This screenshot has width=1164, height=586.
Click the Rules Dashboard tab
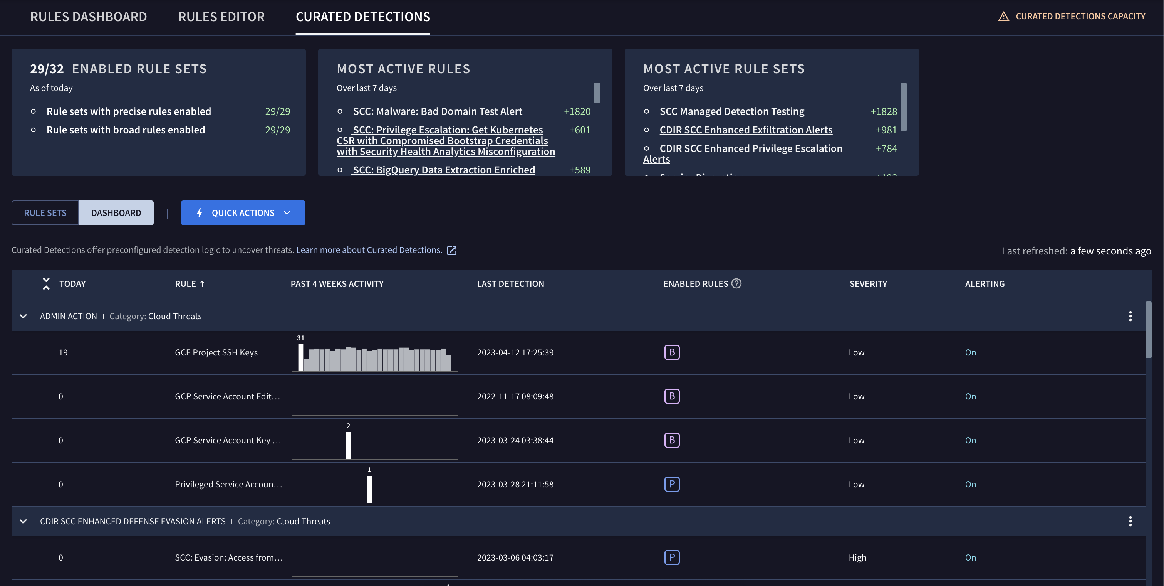89,17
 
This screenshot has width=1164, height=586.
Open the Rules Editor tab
221,17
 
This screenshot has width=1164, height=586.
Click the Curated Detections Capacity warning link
1080,16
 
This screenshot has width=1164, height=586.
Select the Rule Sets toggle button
45,212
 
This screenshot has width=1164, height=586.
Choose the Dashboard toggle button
116,212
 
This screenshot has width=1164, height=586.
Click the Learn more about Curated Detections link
369,250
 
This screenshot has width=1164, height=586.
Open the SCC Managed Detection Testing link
731,111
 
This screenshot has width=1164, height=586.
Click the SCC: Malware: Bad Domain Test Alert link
438,111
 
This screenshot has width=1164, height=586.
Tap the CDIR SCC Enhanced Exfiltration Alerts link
746,130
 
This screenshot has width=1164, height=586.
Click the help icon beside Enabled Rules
736,283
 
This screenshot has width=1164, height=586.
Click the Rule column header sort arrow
202,284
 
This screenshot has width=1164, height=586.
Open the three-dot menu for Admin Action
1130,316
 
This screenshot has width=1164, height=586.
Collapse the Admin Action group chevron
23,316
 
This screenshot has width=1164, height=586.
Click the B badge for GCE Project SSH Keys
672,352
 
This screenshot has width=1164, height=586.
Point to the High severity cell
857,557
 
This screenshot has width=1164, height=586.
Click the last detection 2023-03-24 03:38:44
515,440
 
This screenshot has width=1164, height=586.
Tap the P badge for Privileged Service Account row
672,484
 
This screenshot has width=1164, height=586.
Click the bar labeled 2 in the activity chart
348,445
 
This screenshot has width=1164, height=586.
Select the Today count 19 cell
63,352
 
